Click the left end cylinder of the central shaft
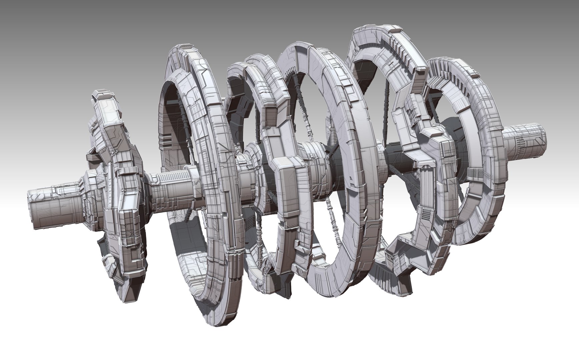pos(50,208)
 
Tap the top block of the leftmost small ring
pos(101,95)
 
